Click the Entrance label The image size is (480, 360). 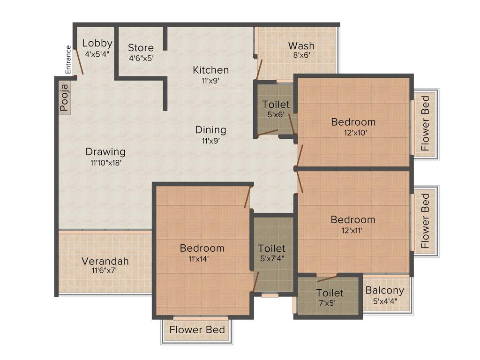[x=68, y=60]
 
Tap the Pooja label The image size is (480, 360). [x=64, y=97]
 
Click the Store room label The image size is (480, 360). [x=141, y=48]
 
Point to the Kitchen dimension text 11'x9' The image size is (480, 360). [x=210, y=80]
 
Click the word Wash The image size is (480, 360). [x=301, y=46]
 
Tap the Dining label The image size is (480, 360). [x=210, y=130]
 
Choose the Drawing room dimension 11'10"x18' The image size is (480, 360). [x=105, y=163]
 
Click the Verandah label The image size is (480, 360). [x=105, y=261]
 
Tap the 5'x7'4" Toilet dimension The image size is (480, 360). [x=271, y=258]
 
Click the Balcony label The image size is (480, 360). [x=384, y=290]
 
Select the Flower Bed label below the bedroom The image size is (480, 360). [x=197, y=330]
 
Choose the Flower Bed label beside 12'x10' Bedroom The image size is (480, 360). [x=425, y=123]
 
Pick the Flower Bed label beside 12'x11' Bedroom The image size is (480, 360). [x=425, y=221]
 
